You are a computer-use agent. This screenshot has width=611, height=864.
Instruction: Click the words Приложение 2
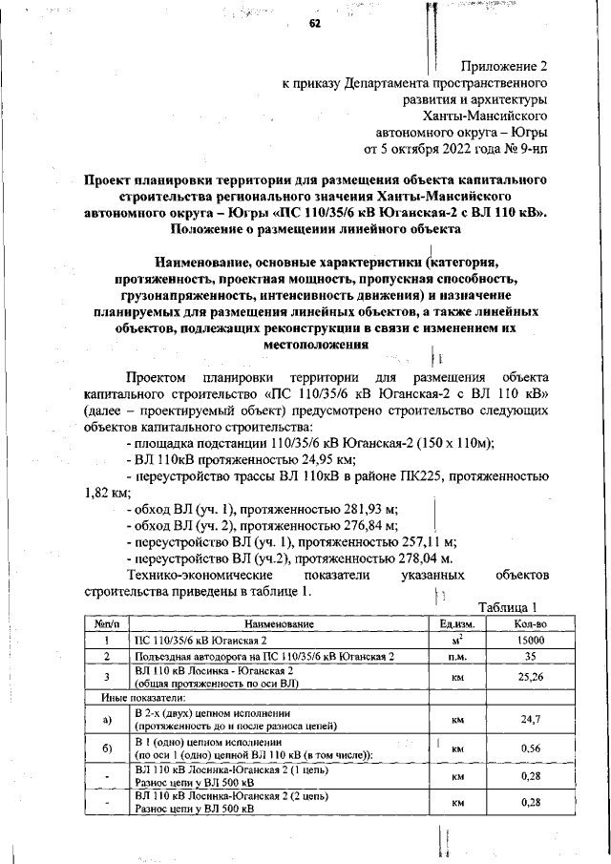(x=504, y=66)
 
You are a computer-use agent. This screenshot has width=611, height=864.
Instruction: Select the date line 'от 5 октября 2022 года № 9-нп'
(x=455, y=149)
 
